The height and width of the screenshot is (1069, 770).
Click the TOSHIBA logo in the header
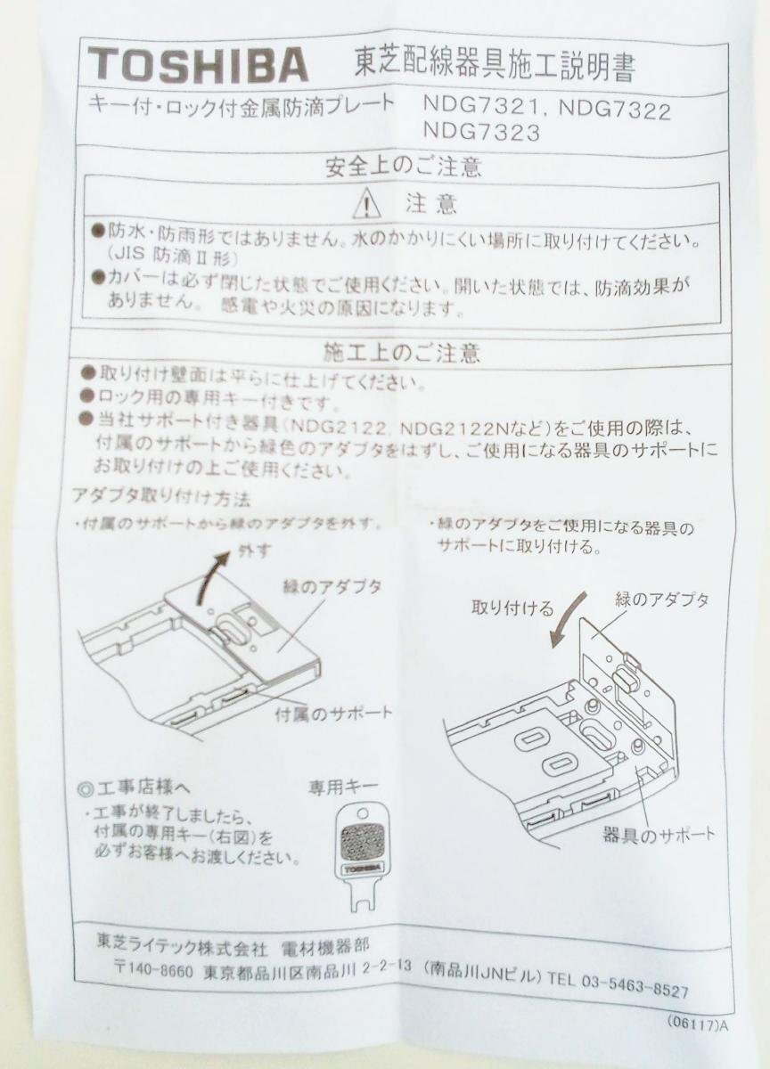198,65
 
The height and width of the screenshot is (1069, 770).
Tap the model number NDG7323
483,134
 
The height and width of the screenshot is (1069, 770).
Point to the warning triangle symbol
366,206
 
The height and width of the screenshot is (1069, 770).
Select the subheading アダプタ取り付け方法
160,495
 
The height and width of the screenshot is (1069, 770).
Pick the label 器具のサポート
659,835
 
